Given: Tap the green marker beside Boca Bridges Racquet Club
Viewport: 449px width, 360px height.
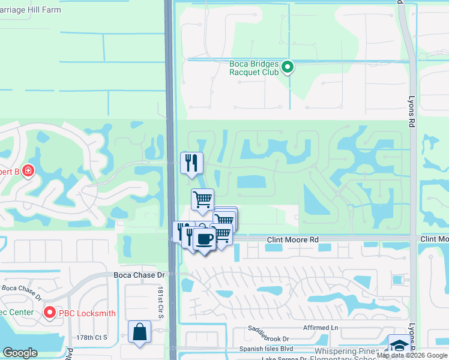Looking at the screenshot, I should [288, 67].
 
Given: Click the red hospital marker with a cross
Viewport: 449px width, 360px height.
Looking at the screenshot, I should [28, 171].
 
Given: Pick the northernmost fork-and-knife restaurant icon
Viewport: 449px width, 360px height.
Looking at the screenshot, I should [191, 163].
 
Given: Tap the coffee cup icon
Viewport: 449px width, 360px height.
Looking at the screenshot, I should [204, 239].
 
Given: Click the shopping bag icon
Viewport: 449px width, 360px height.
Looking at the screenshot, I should [139, 332].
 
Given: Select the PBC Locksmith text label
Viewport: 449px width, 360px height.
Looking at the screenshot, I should [88, 313].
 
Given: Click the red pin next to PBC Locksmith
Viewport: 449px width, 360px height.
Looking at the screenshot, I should [49, 313].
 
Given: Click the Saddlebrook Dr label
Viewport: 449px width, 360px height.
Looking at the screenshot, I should [269, 338].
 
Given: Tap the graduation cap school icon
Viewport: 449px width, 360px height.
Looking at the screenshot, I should [399, 345].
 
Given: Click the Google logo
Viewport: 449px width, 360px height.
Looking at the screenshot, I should [20, 353].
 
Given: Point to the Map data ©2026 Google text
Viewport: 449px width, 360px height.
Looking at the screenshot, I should [412, 356].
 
